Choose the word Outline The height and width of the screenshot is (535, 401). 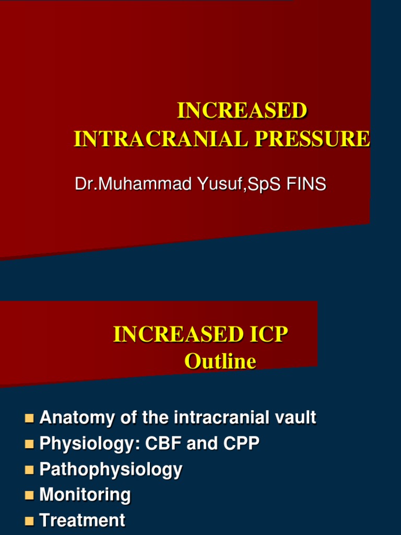220,362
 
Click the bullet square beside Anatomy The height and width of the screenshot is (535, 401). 29,418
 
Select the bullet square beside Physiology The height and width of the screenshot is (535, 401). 29,444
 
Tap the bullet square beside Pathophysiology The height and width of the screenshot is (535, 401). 29,469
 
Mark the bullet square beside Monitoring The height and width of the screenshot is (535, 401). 29,495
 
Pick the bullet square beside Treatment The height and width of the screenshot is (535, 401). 29,520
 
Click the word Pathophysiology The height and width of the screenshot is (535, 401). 111,469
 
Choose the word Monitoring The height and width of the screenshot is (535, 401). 85,495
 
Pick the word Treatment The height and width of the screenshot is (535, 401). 82,520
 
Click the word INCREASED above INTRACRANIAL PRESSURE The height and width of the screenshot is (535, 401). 242,111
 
